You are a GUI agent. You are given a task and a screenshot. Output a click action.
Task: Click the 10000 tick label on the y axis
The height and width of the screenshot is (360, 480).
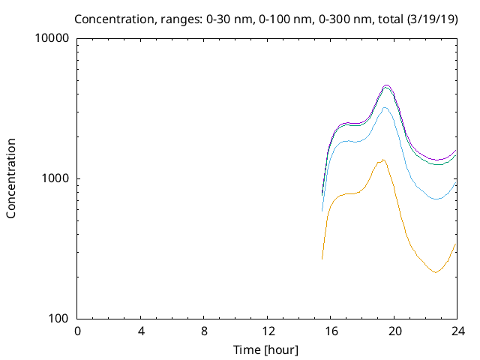(x=53, y=38)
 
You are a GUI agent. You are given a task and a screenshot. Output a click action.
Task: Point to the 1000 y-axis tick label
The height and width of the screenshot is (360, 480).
(x=56, y=178)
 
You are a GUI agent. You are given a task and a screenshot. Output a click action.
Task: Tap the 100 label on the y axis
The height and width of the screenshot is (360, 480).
(x=59, y=319)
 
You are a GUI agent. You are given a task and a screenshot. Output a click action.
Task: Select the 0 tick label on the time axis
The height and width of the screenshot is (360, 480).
(x=77, y=331)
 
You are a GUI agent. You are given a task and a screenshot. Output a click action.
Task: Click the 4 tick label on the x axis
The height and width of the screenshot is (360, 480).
(x=141, y=331)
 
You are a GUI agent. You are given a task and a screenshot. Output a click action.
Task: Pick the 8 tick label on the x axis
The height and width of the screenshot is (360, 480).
(x=204, y=331)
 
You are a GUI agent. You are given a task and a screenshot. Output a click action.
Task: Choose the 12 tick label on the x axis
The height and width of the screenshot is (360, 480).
(x=268, y=331)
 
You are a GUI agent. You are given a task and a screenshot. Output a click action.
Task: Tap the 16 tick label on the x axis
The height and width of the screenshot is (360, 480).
(x=331, y=331)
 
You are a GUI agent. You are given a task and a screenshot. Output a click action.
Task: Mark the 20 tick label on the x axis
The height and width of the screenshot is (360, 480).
(x=394, y=331)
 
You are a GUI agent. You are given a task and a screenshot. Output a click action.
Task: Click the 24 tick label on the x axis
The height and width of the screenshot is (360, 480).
(x=457, y=331)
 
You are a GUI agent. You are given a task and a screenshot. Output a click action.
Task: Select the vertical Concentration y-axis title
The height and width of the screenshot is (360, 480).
(x=11, y=178)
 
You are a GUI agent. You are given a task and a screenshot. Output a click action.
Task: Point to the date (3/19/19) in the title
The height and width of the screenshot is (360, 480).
(x=433, y=18)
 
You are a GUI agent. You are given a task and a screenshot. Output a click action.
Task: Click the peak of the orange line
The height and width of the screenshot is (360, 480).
(x=383, y=159)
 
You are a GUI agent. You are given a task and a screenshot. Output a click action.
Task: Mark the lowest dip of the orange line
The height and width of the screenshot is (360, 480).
(x=435, y=272)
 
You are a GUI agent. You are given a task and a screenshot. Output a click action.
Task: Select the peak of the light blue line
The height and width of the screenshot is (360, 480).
(x=385, y=108)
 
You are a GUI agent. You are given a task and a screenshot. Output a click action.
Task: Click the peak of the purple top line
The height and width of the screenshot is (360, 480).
(x=386, y=85)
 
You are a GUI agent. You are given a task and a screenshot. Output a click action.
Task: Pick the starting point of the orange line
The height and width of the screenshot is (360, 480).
(x=322, y=259)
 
